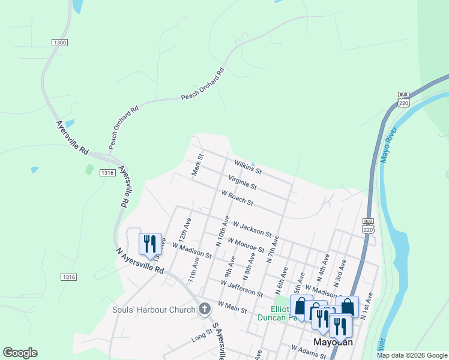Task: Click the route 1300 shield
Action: click(x=60, y=43)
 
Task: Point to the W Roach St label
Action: click(x=237, y=198)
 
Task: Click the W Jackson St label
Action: click(x=252, y=228)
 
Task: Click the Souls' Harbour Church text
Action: click(x=154, y=310)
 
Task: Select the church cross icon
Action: click(x=205, y=310)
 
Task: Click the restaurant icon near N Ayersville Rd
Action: click(x=149, y=244)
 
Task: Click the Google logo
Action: click(x=20, y=353)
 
